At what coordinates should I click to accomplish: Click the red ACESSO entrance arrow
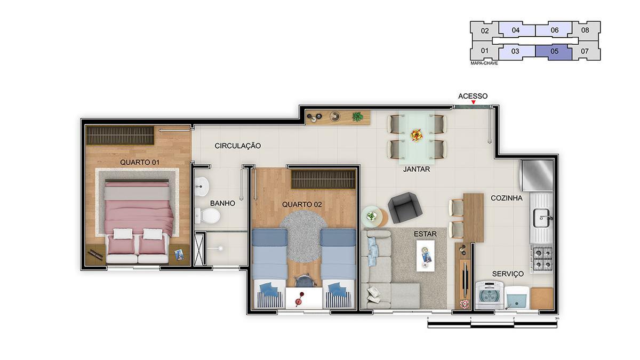473,102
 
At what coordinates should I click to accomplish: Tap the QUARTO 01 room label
140,162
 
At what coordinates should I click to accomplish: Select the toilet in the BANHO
207,216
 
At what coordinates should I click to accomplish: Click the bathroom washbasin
202,186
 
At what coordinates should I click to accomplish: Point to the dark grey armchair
405,207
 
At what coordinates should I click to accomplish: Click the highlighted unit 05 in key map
554,52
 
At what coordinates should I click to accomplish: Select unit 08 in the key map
585,30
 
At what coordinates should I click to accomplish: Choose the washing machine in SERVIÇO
489,295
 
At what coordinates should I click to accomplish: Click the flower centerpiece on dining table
417,135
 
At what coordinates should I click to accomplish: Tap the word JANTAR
417,169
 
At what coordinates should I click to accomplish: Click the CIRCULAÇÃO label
238,146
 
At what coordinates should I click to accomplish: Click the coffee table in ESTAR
425,254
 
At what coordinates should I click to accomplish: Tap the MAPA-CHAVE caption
484,63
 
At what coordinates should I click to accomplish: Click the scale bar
492,323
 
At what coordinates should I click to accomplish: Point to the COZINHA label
506,198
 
